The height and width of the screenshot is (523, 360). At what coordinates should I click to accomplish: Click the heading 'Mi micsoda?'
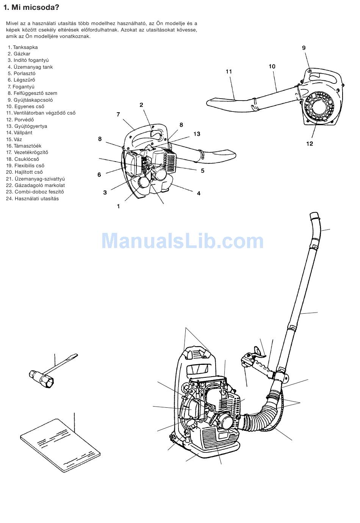coord(35,7)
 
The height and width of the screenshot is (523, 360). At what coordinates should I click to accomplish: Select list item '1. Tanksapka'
coord(23,47)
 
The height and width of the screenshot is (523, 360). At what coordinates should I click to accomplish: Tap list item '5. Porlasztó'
coord(22,73)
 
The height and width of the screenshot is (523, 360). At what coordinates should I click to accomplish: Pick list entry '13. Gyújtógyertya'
coord(27,126)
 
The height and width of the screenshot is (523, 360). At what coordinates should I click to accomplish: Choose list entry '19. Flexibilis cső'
coord(25,165)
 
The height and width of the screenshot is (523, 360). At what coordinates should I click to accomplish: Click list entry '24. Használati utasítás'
coord(33,198)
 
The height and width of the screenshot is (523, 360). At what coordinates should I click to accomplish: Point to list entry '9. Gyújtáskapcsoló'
coord(30,100)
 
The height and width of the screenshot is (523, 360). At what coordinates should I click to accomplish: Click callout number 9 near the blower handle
coord(304,48)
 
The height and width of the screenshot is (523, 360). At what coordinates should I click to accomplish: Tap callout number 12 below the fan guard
coord(309,144)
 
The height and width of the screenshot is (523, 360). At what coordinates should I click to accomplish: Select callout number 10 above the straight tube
coord(272,66)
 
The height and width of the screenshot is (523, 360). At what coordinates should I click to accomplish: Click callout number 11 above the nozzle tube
coord(229,71)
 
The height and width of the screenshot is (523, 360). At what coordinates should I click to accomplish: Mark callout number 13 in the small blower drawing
coord(197,134)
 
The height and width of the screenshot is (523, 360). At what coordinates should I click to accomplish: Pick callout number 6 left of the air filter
coord(99,174)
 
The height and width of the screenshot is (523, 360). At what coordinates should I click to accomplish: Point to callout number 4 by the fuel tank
coord(199,193)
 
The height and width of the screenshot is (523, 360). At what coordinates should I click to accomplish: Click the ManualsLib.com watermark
coord(183,241)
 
